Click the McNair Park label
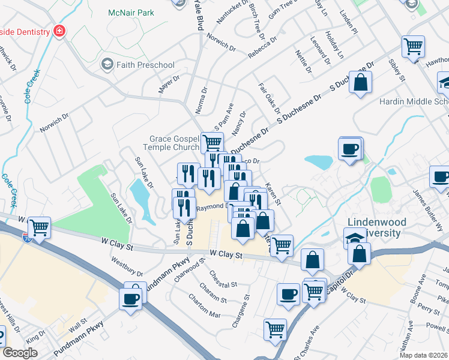pos(131,13)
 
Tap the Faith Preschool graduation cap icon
pos(107,65)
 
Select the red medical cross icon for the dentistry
pos(59,31)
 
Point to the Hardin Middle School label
pos(414,101)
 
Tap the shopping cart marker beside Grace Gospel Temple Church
pos(212,143)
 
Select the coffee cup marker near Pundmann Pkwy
pos(130,298)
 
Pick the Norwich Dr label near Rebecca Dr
pos(220,42)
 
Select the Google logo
pos(20,353)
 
